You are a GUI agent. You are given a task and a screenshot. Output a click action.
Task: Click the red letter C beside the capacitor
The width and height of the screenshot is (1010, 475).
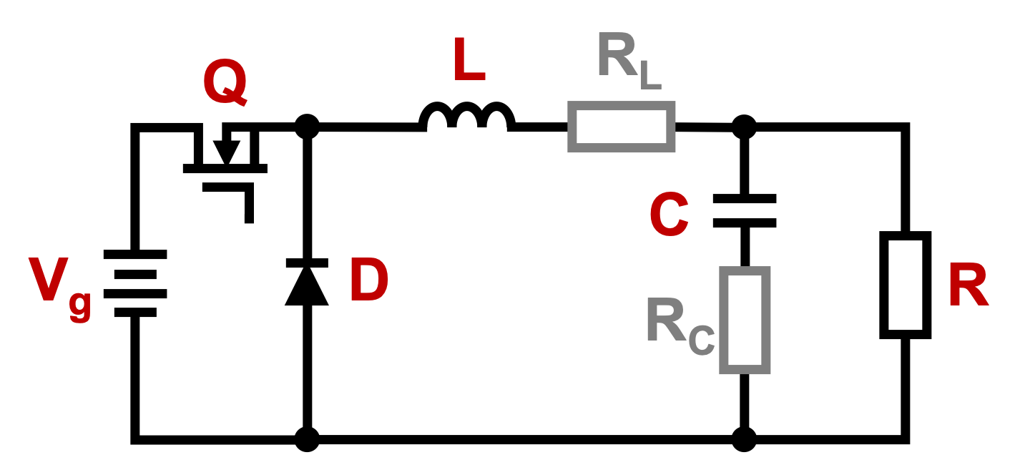(x=669, y=216)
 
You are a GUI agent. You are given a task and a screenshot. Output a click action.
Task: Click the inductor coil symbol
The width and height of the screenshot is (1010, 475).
(x=467, y=117)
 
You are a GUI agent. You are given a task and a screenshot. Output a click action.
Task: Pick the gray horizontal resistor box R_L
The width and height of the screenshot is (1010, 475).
(x=621, y=127)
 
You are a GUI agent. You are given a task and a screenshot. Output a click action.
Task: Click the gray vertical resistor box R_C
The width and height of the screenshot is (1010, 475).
(x=745, y=320)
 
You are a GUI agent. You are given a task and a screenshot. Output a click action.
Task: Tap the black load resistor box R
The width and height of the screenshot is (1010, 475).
(x=905, y=285)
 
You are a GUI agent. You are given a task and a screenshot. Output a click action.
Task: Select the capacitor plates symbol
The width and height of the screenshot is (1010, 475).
(x=745, y=211)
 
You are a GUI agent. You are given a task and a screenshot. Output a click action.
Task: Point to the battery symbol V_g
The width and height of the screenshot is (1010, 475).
(x=135, y=283)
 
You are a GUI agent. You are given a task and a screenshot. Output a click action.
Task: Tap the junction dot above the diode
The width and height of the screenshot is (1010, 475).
(x=307, y=127)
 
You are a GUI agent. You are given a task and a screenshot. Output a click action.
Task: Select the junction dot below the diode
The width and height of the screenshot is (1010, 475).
(x=307, y=439)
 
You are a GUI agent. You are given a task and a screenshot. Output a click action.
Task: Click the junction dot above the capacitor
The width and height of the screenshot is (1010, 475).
(x=745, y=127)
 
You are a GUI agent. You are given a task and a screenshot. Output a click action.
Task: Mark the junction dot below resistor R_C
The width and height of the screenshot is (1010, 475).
(x=745, y=439)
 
